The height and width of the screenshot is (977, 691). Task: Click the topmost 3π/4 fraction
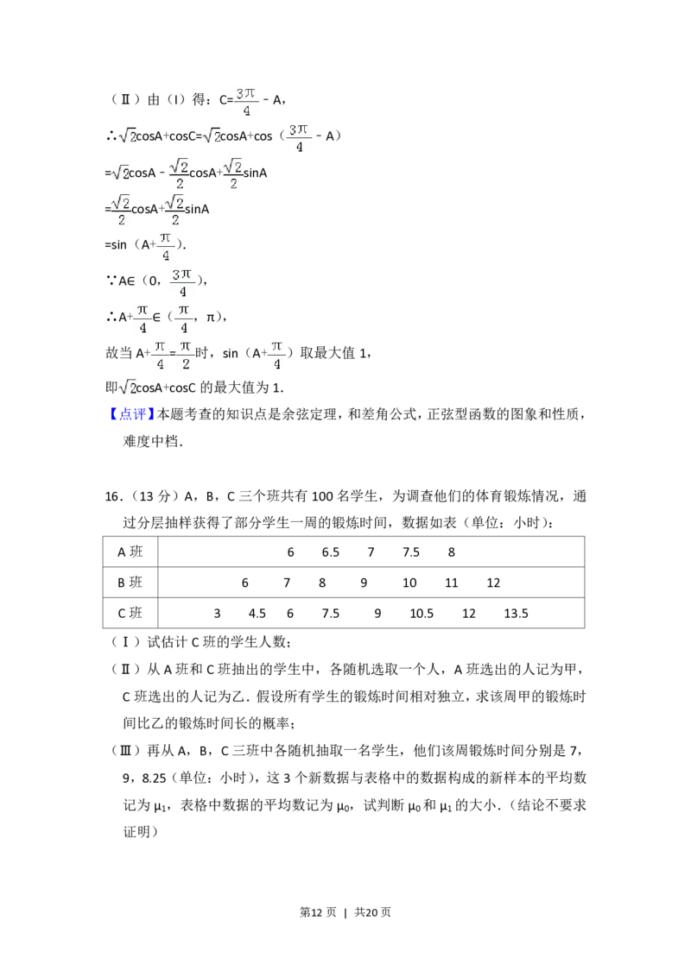pyautogui.click(x=245, y=100)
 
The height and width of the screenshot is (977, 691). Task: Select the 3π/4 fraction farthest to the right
pyautogui.click(x=300, y=138)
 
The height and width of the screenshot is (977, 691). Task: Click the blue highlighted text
pyautogui.click(x=133, y=414)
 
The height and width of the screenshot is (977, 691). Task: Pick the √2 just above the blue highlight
pyautogui.click(x=128, y=386)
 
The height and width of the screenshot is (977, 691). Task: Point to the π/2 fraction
pyautogui.click(x=187, y=355)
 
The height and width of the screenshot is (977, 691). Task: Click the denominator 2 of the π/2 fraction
pyautogui.click(x=187, y=364)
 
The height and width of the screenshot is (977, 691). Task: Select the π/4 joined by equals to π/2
pyautogui.click(x=159, y=355)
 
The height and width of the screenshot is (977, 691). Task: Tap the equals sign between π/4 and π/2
pyautogui.click(x=173, y=355)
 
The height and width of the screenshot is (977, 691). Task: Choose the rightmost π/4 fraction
pyautogui.click(x=276, y=355)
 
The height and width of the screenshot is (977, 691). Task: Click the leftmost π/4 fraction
pyautogui.click(x=143, y=318)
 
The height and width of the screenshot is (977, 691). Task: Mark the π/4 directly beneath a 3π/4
pyautogui.click(x=184, y=318)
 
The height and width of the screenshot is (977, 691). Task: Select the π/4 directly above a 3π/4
pyautogui.click(x=166, y=245)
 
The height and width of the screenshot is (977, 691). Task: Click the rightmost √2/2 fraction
pyautogui.click(x=233, y=173)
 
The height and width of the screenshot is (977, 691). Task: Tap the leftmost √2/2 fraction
pyautogui.click(x=123, y=211)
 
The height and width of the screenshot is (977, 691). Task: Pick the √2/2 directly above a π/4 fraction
pyautogui.click(x=174, y=211)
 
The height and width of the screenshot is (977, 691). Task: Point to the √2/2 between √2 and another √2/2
pyautogui.click(x=179, y=173)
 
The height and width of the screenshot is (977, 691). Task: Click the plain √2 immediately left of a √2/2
pyautogui.click(x=121, y=173)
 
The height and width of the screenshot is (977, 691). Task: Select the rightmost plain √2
pyautogui.click(x=211, y=135)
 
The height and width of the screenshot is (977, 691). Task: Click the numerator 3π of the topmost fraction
pyautogui.click(x=245, y=92)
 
